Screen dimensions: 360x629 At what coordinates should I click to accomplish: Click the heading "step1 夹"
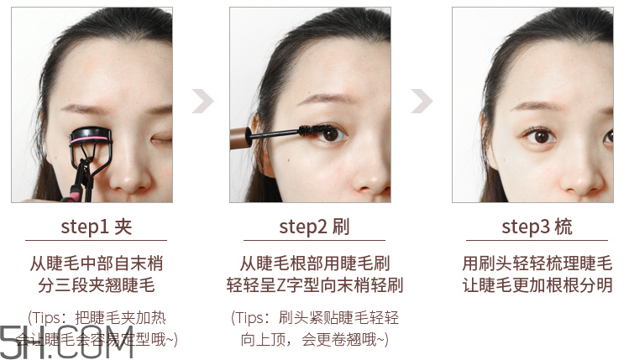(x=97, y=227)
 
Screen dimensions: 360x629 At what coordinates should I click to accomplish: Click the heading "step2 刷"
(x=314, y=227)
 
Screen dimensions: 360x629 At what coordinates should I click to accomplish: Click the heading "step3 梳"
(x=537, y=227)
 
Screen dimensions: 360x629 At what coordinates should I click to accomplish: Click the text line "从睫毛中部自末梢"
(x=97, y=263)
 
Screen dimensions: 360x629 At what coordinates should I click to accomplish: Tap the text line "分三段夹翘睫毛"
(x=97, y=284)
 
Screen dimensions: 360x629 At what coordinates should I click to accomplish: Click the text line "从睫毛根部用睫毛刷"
(x=314, y=263)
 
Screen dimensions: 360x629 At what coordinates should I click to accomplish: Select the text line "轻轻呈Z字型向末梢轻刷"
(x=314, y=284)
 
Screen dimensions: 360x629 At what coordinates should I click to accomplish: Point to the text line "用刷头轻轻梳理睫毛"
(x=537, y=263)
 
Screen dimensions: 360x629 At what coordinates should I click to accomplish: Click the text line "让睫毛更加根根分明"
(x=537, y=284)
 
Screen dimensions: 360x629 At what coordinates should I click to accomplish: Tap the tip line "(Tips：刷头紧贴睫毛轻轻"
(x=314, y=318)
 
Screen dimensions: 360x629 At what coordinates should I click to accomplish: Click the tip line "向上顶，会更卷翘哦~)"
(x=314, y=339)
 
